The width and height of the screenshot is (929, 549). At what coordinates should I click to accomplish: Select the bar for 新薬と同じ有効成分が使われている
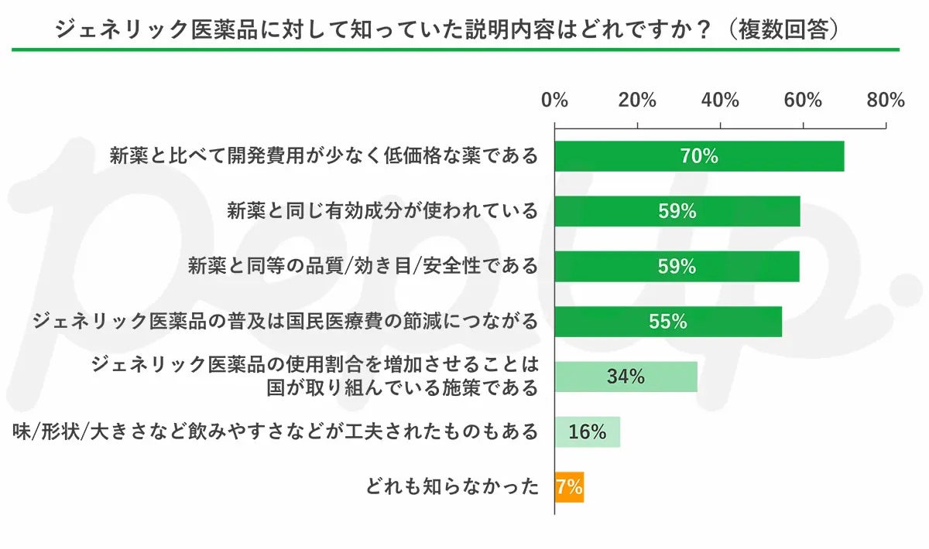tap(677, 211)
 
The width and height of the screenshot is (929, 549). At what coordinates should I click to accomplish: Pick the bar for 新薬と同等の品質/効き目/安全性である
tap(677, 266)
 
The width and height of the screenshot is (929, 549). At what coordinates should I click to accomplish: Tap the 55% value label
tap(668, 322)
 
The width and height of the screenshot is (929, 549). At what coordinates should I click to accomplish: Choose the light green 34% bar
tap(626, 377)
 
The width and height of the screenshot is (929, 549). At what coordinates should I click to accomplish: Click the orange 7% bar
tap(569, 487)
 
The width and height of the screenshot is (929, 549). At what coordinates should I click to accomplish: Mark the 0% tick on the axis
tap(555, 101)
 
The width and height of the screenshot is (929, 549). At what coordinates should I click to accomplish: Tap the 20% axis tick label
tap(638, 101)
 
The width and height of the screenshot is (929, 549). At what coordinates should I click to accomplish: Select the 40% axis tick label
tap(720, 101)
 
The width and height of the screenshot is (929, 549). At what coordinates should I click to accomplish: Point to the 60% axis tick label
tap(803, 101)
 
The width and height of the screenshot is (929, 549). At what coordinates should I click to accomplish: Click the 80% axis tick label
tap(886, 101)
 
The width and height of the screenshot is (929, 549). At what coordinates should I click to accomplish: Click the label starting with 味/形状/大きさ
tap(275, 431)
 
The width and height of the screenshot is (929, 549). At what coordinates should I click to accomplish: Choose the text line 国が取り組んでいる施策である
tap(402, 387)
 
